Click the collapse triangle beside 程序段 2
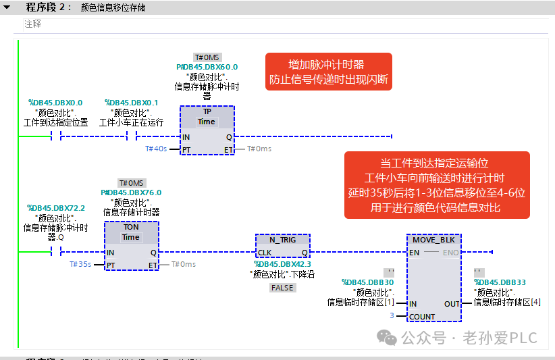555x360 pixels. pyautogui.click(x=7, y=7)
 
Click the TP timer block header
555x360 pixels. pyautogui.click(x=207, y=111)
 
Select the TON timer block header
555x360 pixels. pyautogui.click(x=131, y=227)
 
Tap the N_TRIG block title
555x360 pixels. pyautogui.click(x=282, y=240)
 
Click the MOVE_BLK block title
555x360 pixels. pyautogui.click(x=433, y=240)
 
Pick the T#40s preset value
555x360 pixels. pyautogui.click(x=156, y=149)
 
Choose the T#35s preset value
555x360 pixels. pyautogui.click(x=80, y=264)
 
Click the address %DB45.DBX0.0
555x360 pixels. pyautogui.click(x=55, y=103)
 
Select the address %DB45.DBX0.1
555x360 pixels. pyautogui.click(x=131, y=103)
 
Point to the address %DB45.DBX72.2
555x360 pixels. pyautogui.click(x=56, y=208)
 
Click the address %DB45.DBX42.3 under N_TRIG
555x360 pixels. pyautogui.click(x=282, y=264)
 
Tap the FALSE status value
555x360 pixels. pyautogui.click(x=282, y=288)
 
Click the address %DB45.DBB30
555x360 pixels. pyautogui.click(x=368, y=282)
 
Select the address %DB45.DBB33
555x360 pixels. pyautogui.click(x=500, y=282)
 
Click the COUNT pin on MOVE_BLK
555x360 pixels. pyautogui.click(x=422, y=317)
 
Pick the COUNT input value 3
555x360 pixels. pyautogui.click(x=392, y=315)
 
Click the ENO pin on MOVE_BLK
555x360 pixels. pyautogui.click(x=450, y=253)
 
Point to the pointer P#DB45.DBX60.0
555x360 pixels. pyautogui.click(x=207, y=67)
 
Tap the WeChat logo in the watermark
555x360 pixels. pyautogui.click(x=386, y=337)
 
